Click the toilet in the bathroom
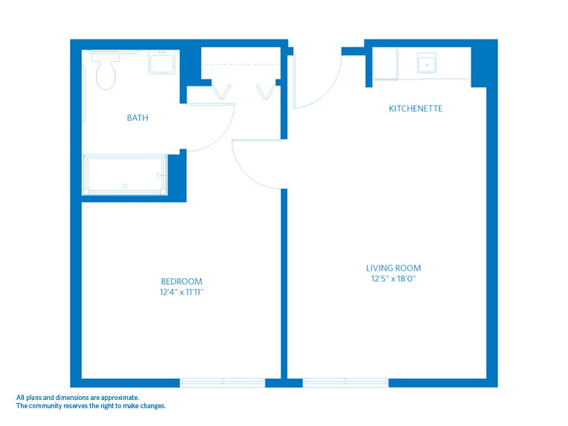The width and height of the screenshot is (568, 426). [x=106, y=71]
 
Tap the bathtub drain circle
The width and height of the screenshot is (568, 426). [x=125, y=186]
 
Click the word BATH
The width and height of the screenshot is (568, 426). [x=137, y=117]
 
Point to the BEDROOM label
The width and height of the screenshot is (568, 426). [x=181, y=281]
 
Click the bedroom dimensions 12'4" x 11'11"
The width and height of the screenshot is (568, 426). [x=181, y=292]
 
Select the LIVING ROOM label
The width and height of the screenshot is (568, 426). [x=393, y=268]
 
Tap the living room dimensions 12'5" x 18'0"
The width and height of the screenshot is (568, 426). [x=393, y=280]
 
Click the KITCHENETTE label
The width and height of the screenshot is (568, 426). [x=416, y=109]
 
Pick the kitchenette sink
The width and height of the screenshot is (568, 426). [x=428, y=64]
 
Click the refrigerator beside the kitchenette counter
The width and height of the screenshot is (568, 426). [x=384, y=64]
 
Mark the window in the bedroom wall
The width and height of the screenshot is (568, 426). [x=222, y=382]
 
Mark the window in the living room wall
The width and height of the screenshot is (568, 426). [x=346, y=382]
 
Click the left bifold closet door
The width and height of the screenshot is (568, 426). [x=222, y=93]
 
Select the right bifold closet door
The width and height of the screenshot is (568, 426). [x=265, y=93]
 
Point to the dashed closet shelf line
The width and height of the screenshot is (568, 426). [x=242, y=65]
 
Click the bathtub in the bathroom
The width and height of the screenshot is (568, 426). [x=125, y=174]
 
